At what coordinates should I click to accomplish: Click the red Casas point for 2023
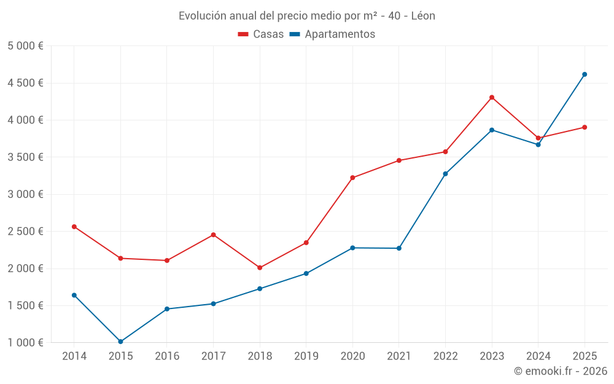pos(492,97)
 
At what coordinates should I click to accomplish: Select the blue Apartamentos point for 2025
pos(585,74)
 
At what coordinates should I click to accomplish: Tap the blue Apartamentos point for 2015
pos(120,342)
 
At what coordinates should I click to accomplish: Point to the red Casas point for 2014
pos(74,227)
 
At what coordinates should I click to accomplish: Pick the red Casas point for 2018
pos(260,268)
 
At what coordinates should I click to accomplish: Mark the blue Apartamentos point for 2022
pos(445,174)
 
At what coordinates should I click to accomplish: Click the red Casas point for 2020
pos(352,178)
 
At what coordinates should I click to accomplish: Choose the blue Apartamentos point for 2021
pos(399,248)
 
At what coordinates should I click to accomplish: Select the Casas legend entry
pos(261,34)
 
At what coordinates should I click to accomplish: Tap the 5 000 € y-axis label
pos(25,46)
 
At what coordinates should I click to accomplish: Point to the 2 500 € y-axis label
pos(25,232)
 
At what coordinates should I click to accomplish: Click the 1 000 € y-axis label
pos(25,343)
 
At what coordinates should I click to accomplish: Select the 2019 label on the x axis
pos(306,356)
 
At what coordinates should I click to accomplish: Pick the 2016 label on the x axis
pos(167,356)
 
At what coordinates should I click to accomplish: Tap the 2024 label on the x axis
pos(538,356)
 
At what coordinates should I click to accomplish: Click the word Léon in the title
pos(422,16)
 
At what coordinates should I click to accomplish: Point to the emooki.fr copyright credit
pos(561,371)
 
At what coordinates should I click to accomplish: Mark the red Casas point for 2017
pos(213,235)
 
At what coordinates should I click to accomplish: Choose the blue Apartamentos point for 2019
pos(306,273)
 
